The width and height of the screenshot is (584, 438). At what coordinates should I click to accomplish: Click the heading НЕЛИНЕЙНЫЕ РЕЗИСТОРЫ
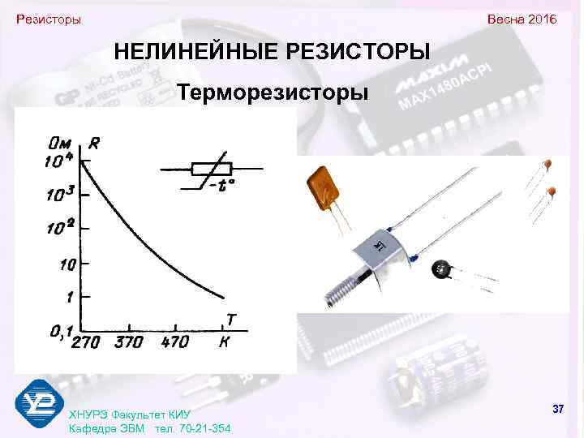[272, 53]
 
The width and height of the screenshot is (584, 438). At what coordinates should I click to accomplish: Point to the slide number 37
[557, 409]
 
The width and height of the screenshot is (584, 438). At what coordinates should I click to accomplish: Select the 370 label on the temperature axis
[130, 342]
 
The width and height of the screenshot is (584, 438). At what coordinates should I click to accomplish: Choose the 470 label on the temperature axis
[174, 342]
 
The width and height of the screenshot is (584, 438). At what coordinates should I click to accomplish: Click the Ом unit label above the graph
[62, 144]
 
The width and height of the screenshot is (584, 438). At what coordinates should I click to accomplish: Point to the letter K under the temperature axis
[225, 342]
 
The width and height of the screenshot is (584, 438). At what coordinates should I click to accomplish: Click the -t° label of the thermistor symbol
[221, 186]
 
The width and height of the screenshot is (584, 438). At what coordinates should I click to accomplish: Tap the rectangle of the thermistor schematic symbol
[212, 169]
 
